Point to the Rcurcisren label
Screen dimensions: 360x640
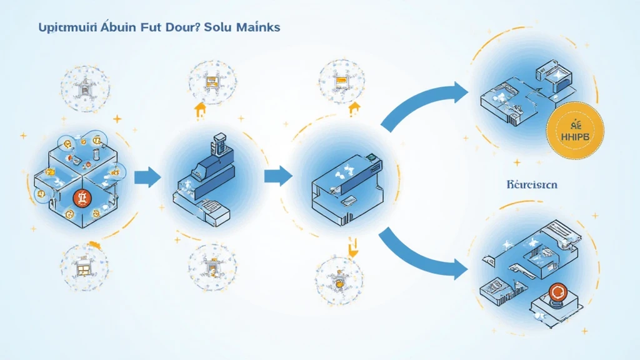[x=532, y=186]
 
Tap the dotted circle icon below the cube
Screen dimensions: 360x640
[x=83, y=269]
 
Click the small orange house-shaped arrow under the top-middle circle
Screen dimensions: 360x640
[x=200, y=111]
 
